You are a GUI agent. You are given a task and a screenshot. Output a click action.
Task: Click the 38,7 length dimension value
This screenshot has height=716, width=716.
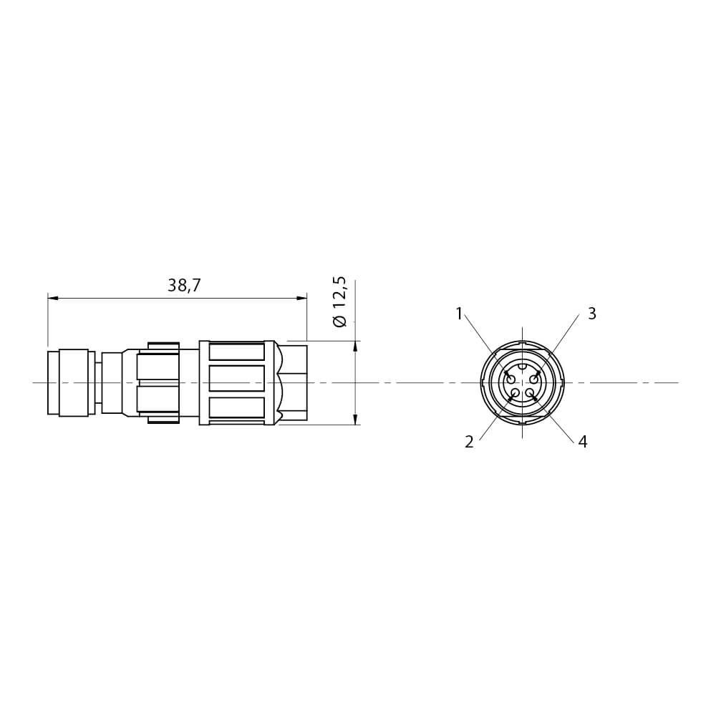[x=184, y=286]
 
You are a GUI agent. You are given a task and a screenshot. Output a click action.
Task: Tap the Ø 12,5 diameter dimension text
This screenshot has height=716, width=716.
[x=341, y=302]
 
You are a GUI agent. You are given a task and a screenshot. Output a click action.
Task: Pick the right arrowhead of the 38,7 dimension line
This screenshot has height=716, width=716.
[x=301, y=299]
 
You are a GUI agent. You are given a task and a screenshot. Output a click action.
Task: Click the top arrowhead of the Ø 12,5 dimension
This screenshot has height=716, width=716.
[x=356, y=347]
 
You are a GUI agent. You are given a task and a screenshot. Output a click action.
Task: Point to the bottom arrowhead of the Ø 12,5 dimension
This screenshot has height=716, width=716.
[x=356, y=419]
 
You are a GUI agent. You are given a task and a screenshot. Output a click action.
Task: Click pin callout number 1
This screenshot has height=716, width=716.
[x=460, y=314]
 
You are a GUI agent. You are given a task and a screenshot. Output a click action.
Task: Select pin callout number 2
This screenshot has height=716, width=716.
[x=470, y=442]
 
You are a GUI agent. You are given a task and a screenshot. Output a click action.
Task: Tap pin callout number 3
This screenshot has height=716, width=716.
[x=592, y=314]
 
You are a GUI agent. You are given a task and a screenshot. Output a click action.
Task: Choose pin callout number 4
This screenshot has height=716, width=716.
[x=583, y=442]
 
